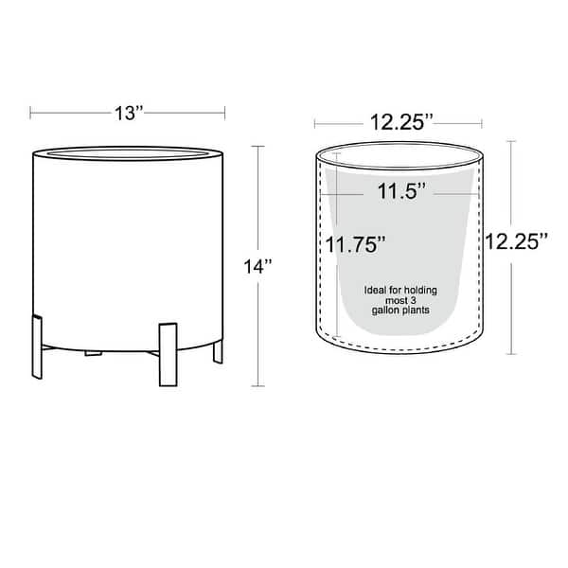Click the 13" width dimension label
point(130,113)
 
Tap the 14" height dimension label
point(257,267)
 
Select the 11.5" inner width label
point(401,191)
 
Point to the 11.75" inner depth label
point(355,244)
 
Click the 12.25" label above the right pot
point(401,122)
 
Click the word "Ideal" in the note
point(375,291)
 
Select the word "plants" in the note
point(417,311)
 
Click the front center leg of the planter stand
point(169,355)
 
